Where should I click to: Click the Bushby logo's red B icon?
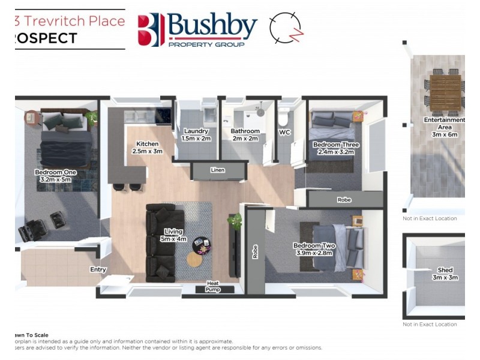click(x=151, y=29)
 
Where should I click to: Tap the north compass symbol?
click(x=286, y=28)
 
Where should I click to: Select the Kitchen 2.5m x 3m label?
click(x=148, y=148)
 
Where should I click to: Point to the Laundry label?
click(x=196, y=134)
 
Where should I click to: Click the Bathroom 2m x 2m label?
click(x=245, y=134)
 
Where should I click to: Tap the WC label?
click(x=284, y=132)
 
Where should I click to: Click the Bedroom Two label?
click(x=314, y=250)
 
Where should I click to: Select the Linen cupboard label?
click(x=218, y=170)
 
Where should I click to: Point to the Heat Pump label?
click(x=213, y=286)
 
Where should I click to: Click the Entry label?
click(x=98, y=269)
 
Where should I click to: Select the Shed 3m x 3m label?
click(x=445, y=274)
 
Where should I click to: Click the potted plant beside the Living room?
click(x=233, y=221)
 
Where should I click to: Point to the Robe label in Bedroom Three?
click(x=344, y=199)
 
